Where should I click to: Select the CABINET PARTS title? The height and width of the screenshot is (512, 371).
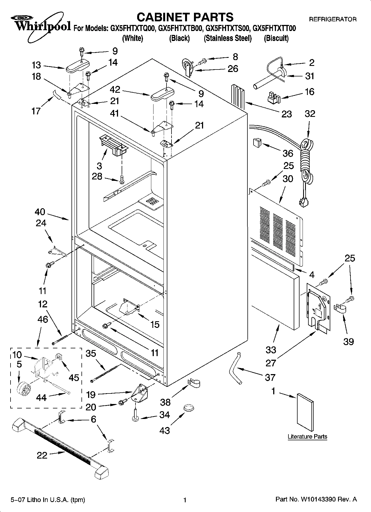(185, 17)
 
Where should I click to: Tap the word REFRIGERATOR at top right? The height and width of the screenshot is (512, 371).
(332, 19)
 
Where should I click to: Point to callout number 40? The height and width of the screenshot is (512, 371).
(40, 212)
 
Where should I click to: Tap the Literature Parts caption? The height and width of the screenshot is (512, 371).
(307, 437)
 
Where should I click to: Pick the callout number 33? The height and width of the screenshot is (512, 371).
(271, 350)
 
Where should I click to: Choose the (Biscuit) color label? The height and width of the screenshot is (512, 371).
(276, 38)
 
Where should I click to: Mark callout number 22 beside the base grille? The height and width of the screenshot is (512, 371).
(42, 455)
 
